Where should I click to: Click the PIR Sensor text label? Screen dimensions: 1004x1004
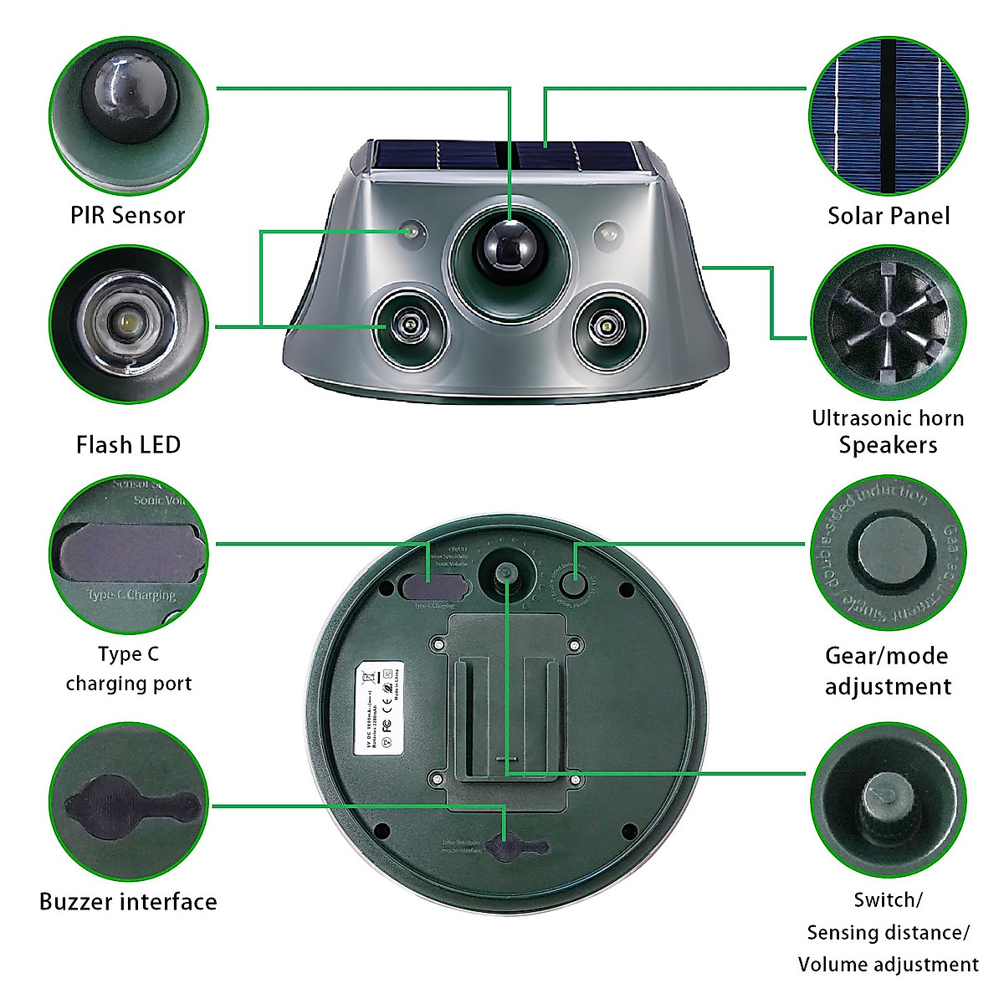(x=127, y=215)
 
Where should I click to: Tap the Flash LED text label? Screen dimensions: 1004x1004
(x=128, y=444)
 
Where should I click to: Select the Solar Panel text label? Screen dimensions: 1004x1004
(x=889, y=216)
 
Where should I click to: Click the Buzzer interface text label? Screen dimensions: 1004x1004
(x=128, y=901)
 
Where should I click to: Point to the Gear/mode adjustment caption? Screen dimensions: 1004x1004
(x=888, y=671)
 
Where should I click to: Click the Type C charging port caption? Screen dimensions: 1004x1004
(x=128, y=668)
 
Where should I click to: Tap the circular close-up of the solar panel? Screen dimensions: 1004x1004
(x=888, y=115)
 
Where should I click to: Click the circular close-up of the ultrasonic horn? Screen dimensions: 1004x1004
(x=888, y=323)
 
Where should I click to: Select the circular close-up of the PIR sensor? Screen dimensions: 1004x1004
(x=127, y=115)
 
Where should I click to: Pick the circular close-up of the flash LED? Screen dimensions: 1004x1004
(x=127, y=323)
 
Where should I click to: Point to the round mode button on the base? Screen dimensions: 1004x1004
(x=574, y=582)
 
